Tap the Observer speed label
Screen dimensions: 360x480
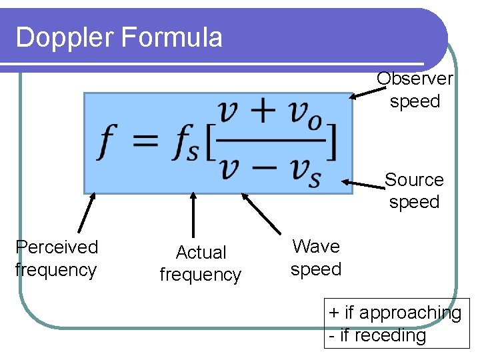tap(415, 90)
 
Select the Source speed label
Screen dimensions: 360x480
tap(414, 191)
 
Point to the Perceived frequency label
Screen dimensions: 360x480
tap(57, 258)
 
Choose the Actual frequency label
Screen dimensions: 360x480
tap(201, 263)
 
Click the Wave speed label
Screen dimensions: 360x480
tap(316, 257)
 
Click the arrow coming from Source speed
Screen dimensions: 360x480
tap(364, 183)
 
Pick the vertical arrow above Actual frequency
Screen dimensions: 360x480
tap(193, 214)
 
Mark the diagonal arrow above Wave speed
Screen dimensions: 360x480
tap(261, 213)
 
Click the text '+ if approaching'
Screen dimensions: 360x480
tap(395, 313)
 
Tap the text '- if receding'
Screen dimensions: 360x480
tap(377, 335)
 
